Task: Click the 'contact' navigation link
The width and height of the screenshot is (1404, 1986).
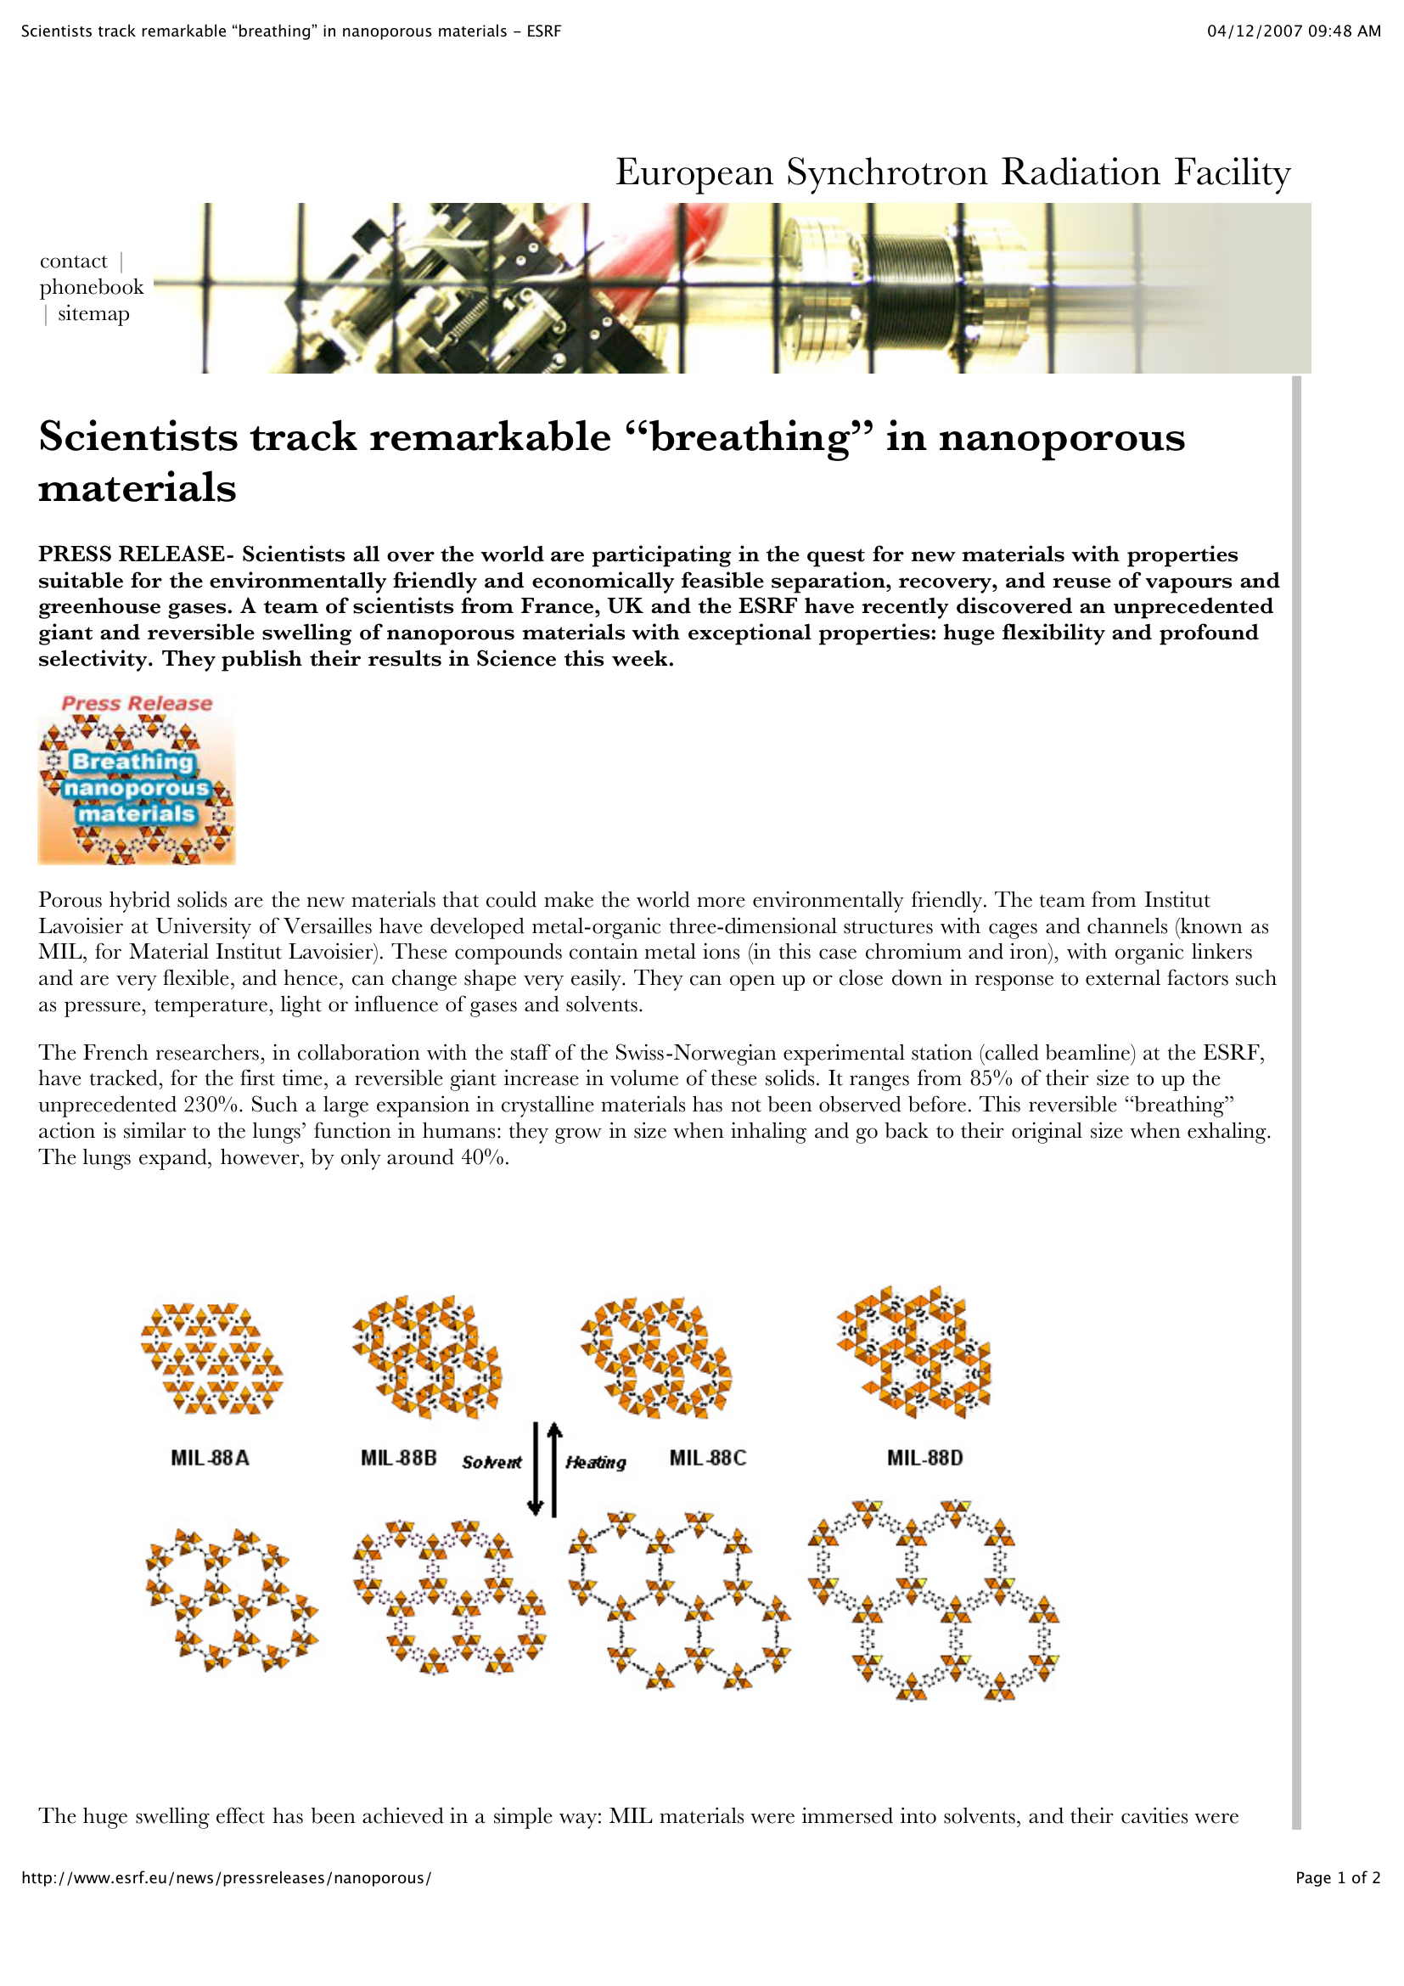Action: (x=74, y=261)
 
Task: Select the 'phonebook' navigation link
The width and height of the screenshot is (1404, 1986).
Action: (x=92, y=287)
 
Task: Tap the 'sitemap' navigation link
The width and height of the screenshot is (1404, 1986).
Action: (x=93, y=313)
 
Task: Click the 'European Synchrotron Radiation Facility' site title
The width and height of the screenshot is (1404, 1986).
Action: (x=952, y=172)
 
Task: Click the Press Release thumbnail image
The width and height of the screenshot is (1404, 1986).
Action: (x=137, y=778)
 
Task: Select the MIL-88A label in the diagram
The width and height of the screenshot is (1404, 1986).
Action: (x=210, y=1458)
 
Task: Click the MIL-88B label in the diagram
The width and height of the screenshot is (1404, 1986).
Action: (x=399, y=1458)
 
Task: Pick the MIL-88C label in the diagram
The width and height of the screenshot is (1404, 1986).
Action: (x=707, y=1458)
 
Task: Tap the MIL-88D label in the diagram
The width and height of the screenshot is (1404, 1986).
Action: (x=924, y=1458)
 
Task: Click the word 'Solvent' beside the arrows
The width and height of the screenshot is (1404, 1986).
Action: (x=491, y=1462)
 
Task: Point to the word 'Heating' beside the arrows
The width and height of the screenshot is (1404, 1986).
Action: (x=596, y=1462)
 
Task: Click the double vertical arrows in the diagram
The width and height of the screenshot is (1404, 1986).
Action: (x=545, y=1469)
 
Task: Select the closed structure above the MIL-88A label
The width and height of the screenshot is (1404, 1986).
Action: (x=211, y=1359)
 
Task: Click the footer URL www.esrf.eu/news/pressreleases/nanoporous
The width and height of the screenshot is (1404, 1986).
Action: (x=227, y=1878)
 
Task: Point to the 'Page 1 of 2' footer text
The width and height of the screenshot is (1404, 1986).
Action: (x=1338, y=1878)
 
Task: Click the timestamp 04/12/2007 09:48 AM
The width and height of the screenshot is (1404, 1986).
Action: (x=1294, y=31)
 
